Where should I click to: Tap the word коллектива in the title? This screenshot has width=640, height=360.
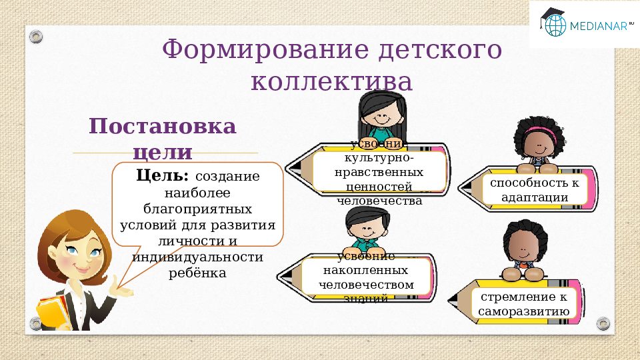pos(331,82)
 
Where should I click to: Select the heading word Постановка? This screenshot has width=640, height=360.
pos(163,127)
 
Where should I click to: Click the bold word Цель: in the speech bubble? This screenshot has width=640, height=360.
pos(163,176)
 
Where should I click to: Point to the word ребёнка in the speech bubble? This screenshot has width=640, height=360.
pos(198,273)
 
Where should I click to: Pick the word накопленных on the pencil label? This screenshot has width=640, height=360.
pos(365,272)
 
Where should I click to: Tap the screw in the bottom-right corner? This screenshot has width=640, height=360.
pos(603,323)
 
